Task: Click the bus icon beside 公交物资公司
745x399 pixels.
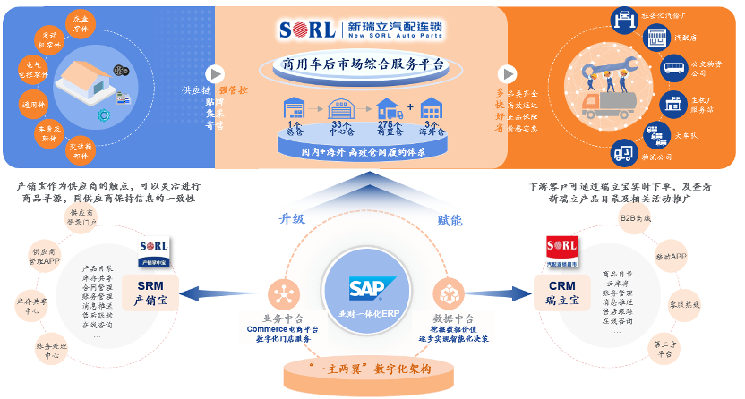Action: coord(672,67)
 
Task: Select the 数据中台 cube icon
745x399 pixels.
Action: coord(447,293)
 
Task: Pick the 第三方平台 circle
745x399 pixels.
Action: coord(662,346)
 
